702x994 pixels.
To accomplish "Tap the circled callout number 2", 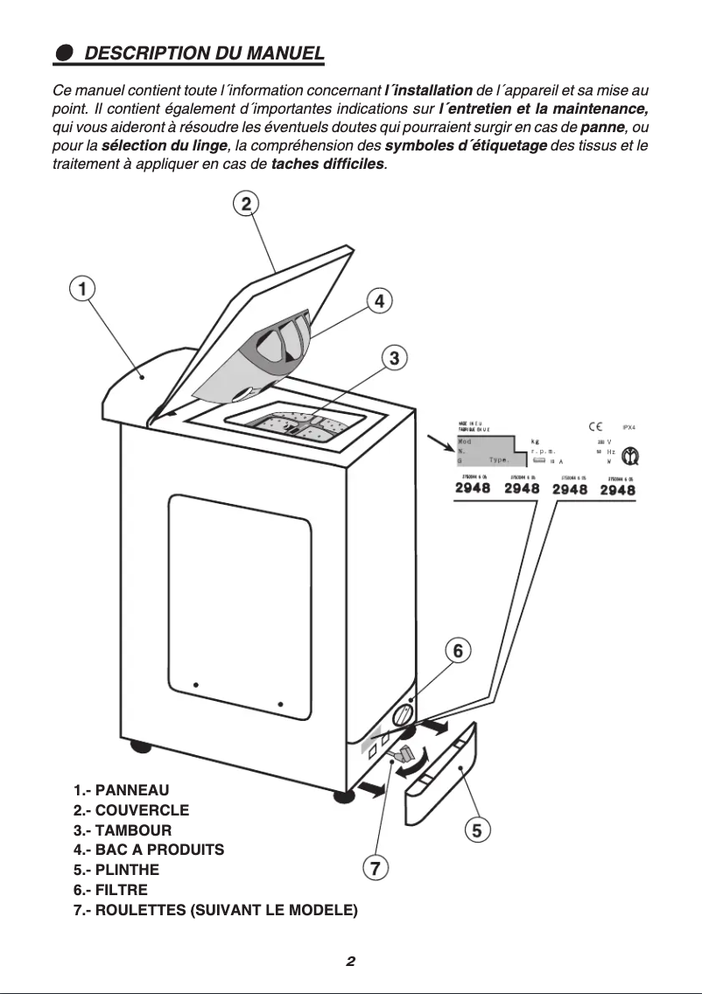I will (246, 204).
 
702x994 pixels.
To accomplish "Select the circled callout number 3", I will (395, 357).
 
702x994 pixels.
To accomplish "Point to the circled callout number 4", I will (378, 301).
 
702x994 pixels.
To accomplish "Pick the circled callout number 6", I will (457, 651).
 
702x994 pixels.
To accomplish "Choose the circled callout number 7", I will (374, 868).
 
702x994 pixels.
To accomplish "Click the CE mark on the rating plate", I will (594, 426).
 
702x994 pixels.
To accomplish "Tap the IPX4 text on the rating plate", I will (628, 427).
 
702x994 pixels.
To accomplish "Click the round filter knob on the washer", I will (404, 716).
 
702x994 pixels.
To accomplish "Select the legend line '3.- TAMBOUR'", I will (123, 829).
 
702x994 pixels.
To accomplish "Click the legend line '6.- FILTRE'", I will (110, 891).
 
